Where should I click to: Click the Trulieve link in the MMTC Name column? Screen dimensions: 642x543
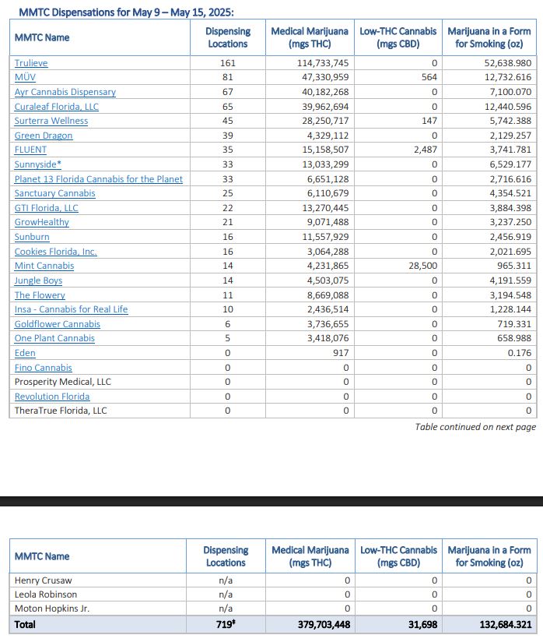point(31,63)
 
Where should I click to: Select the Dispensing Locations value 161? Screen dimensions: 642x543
point(227,63)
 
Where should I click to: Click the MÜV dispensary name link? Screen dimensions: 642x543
point(25,78)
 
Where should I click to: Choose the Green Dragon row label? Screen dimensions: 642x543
point(44,136)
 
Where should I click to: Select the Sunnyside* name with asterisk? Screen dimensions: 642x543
point(38,164)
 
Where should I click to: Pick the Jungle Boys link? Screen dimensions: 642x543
point(38,280)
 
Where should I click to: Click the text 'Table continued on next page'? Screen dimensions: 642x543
point(475,427)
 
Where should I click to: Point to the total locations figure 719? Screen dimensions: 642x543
point(226,624)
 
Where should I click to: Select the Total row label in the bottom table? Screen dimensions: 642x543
point(25,624)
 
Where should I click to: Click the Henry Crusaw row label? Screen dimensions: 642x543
point(42,580)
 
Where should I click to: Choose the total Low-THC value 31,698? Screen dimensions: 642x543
point(421,624)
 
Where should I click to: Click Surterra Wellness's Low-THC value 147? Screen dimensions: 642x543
point(429,121)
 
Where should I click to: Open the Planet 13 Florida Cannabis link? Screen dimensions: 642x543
point(99,179)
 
